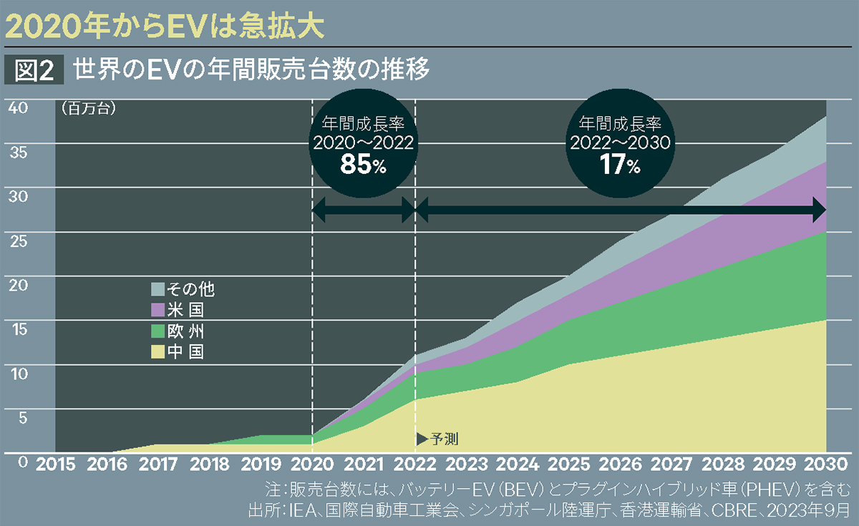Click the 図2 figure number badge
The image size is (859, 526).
36,70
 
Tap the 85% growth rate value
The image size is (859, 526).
363,165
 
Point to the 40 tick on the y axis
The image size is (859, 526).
18,107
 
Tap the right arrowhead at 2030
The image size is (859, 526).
820,211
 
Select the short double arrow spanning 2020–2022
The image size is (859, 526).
364,211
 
